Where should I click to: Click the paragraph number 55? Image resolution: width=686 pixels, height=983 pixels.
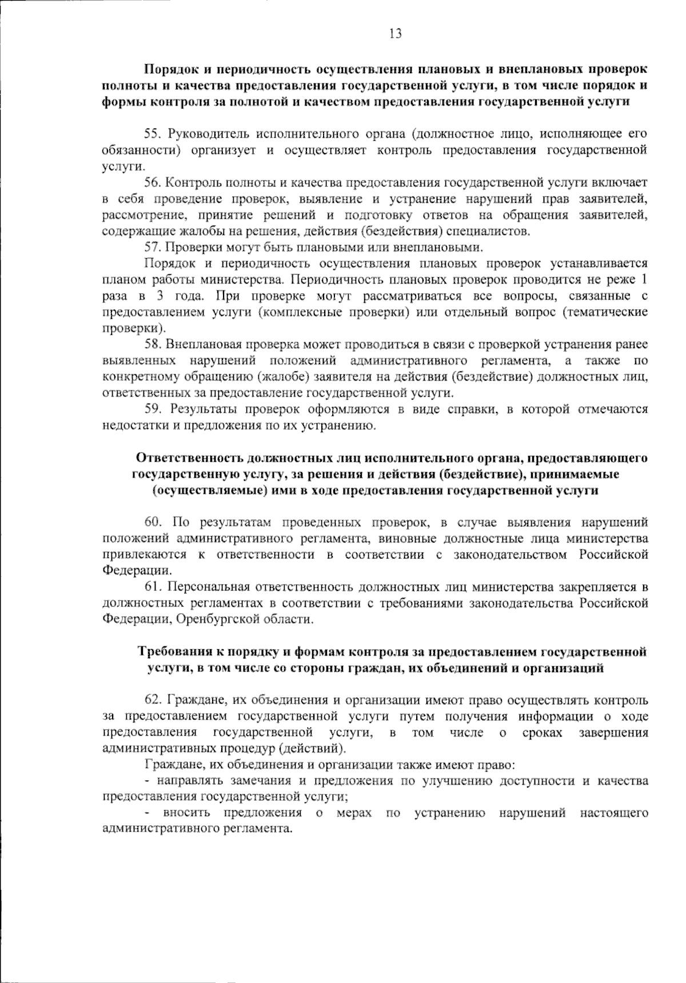tap(152, 134)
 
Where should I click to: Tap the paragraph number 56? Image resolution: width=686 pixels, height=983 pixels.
tap(152, 183)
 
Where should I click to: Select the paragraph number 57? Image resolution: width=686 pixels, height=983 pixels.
tap(152, 247)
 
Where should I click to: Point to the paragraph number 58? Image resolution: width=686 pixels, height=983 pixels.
tap(153, 345)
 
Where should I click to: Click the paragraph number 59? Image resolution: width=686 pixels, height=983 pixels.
tap(153, 409)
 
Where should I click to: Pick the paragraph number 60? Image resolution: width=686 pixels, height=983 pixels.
tap(153, 522)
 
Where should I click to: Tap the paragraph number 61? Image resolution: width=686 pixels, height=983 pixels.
tap(153, 587)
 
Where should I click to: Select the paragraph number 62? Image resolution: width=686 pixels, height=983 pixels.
tap(153, 700)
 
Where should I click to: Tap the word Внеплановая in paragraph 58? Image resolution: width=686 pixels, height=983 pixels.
tap(201, 345)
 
